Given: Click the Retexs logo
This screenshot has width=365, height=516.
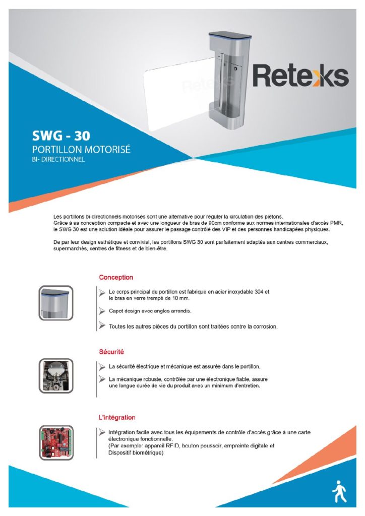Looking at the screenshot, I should click(300, 76).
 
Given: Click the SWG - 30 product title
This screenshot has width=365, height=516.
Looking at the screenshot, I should click(61, 136).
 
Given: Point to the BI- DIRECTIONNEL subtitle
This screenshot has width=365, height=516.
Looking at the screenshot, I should click(58, 160).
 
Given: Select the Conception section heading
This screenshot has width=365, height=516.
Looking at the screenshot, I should click(116, 277).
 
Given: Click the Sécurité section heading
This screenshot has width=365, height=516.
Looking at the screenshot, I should click(111, 351).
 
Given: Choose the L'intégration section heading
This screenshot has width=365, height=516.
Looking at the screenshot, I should click(117, 417).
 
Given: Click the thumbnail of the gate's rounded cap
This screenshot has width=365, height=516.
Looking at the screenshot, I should click(56, 303).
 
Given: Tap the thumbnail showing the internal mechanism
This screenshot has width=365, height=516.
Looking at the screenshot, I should click(56, 376).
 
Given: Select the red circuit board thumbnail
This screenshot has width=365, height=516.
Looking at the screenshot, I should click(56, 442).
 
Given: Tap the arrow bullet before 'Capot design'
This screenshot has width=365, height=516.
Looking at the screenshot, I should click(102, 311).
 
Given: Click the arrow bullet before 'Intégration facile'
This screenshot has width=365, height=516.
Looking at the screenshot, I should click(102, 432).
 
